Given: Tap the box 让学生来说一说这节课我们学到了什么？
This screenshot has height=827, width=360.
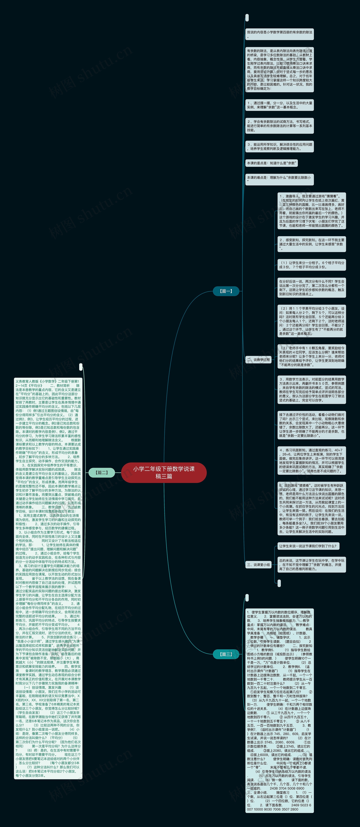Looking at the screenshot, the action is pyautogui.click(x=308, y=546).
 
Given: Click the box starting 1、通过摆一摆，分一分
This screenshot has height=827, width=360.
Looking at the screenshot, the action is pyautogui.click(x=279, y=105).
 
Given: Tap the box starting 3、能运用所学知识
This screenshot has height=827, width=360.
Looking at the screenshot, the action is pyautogui.click(x=279, y=146).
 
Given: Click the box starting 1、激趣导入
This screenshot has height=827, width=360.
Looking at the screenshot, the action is pyautogui.click(x=311, y=211).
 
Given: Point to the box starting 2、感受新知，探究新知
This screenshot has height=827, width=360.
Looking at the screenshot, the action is pyautogui.click(x=311, y=244).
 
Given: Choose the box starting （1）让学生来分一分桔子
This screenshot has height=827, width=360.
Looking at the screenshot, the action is pyautogui.click(x=311, y=265).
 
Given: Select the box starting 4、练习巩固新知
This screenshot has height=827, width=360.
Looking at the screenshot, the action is pyautogui.click(x=311, y=460).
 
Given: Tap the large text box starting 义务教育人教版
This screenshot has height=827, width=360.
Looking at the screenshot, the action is pyautogui.click(x=48, y=578).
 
